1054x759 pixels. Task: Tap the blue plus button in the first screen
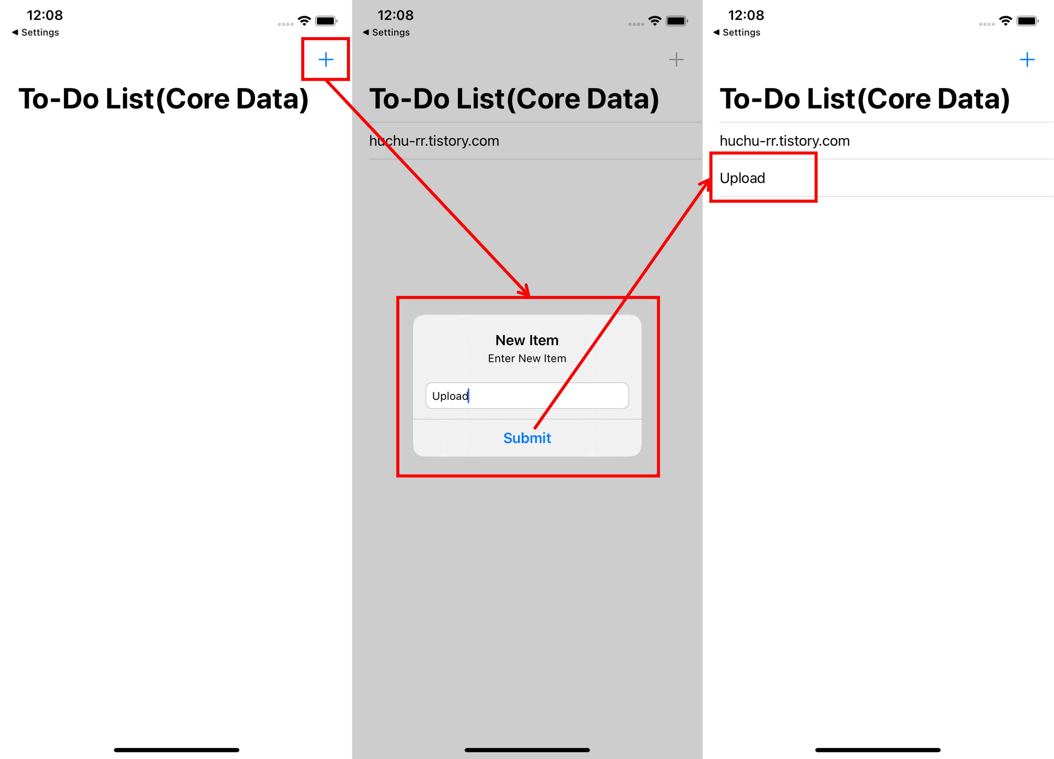tap(326, 59)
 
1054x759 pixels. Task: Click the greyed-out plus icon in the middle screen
tap(676, 59)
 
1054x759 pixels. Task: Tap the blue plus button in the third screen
tap(1027, 59)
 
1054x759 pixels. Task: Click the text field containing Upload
tap(527, 396)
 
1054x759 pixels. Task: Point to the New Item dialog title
tap(527, 340)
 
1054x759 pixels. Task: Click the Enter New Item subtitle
tap(527, 358)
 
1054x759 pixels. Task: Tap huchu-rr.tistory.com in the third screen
tap(784, 141)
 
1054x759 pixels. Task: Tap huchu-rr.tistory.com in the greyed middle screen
tap(434, 141)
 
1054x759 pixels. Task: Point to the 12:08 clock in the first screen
tap(44, 15)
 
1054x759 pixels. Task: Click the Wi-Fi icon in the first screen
tap(305, 21)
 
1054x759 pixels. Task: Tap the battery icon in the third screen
tap(1027, 21)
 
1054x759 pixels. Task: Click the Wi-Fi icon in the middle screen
tap(655, 21)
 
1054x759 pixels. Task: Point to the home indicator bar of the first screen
tap(177, 750)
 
